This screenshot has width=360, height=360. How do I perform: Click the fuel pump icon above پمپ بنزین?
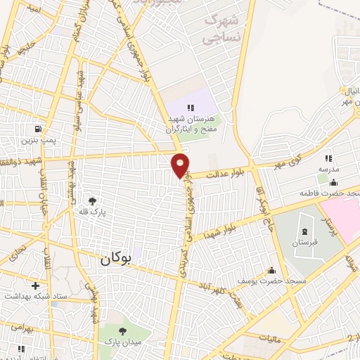pos(35,130)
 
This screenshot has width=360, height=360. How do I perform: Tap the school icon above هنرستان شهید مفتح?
pos(190,107)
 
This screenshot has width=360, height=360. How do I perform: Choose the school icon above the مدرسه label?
pos(328,159)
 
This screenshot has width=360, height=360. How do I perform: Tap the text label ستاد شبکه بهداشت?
pos(34,297)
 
